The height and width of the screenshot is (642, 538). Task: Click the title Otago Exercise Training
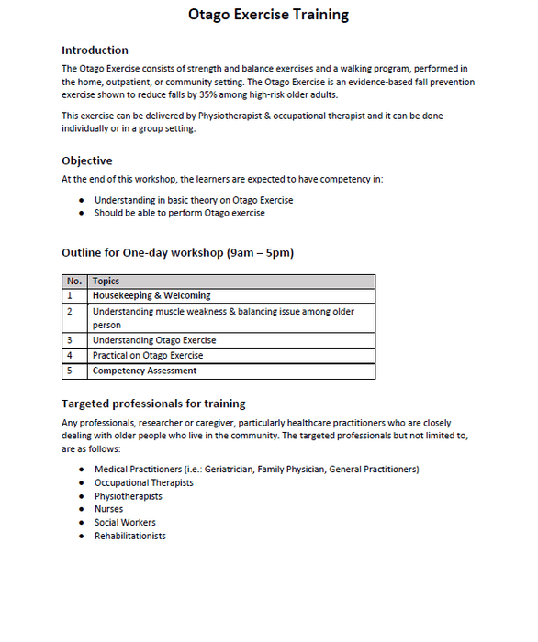tap(268, 15)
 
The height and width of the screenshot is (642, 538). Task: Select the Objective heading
tap(86, 160)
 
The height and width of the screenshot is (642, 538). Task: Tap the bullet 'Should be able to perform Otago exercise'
tap(179, 213)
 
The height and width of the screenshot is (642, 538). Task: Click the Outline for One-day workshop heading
tap(177, 252)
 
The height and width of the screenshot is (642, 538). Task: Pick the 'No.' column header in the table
tap(74, 282)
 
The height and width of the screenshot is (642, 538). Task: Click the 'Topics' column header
tap(106, 282)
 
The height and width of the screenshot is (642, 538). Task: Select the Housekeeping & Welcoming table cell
tap(151, 296)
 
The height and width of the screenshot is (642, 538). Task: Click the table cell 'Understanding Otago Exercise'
tap(154, 340)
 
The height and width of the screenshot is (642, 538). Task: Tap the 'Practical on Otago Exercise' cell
tap(148, 356)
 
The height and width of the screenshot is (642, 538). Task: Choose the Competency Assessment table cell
tap(144, 371)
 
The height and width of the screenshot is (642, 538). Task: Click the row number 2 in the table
tap(70, 312)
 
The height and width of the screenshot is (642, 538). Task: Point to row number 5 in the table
tap(70, 371)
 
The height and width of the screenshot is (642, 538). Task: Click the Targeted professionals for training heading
tap(153, 404)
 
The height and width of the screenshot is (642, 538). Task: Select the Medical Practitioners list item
tap(256, 470)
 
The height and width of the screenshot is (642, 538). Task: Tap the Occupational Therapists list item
tap(143, 482)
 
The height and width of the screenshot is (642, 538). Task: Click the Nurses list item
tap(108, 509)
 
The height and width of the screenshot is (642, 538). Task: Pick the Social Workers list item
tap(125, 523)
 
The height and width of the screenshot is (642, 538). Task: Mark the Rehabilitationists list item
tap(129, 536)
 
